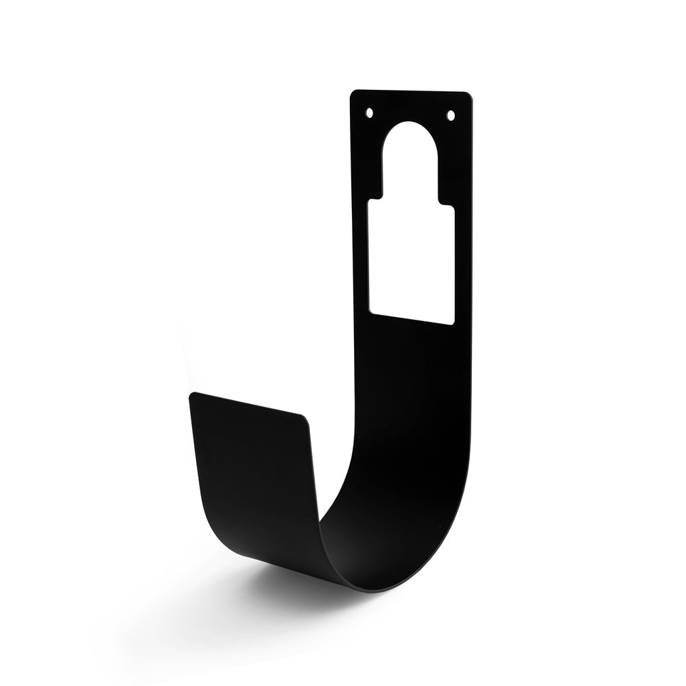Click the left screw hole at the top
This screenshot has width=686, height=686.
tap(369, 112)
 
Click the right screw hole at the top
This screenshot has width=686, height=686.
tap(451, 115)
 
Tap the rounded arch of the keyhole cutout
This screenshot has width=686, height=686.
tap(410, 137)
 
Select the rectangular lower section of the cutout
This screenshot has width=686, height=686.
tap(412, 261)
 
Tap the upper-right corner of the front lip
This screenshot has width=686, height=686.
tap(305, 417)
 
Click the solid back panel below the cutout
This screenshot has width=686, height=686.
tap(412, 384)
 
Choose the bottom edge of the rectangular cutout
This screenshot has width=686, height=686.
tap(412, 317)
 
